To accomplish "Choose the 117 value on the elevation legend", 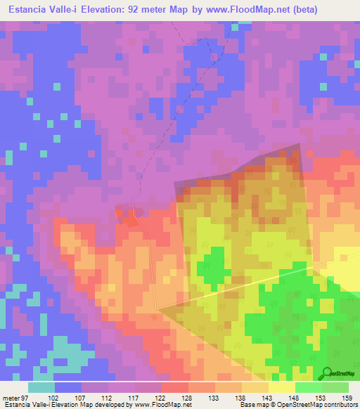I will (134, 397).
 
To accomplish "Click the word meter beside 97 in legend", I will (11, 397).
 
